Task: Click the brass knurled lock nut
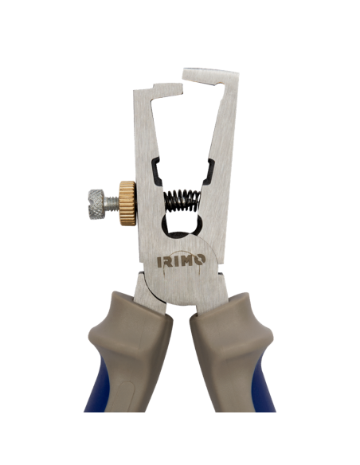127,203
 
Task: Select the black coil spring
181,200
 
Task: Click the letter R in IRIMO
169,260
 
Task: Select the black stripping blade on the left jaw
158,171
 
